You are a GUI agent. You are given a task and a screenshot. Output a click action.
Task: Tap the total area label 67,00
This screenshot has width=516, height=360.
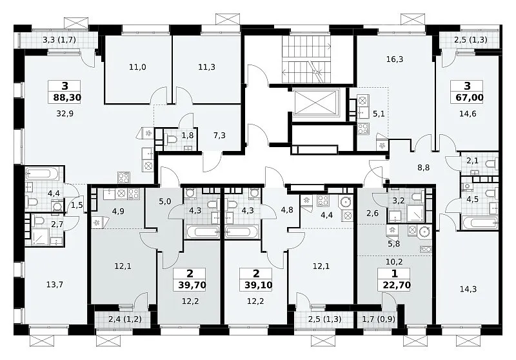(467, 97)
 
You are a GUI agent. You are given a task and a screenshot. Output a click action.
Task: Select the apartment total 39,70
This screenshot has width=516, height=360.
(192, 285)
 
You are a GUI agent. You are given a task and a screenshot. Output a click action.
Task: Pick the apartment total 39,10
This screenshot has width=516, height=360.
(259, 285)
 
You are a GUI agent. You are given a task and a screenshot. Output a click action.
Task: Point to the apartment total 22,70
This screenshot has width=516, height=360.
(397, 285)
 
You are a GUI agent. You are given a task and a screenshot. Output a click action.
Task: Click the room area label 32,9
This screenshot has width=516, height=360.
(65, 114)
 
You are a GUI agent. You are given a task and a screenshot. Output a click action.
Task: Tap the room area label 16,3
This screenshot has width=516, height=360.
(395, 59)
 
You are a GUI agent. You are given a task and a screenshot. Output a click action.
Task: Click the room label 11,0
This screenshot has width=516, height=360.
(137, 67)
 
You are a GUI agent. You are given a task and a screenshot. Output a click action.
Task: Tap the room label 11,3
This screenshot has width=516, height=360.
(206, 67)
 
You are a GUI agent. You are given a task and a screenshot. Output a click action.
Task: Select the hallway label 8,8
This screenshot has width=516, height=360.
(424, 168)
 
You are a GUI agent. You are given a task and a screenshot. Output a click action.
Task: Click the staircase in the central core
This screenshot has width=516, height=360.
(306, 59)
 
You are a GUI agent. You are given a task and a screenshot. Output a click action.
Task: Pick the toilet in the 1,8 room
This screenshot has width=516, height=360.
(171, 139)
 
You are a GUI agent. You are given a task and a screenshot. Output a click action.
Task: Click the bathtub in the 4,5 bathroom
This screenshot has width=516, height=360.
(479, 223)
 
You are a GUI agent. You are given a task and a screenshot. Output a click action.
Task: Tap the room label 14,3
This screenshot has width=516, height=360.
(468, 289)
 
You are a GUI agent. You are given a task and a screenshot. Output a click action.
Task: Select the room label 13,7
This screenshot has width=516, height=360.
(55, 285)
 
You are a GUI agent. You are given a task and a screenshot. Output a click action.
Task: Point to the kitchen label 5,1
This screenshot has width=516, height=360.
(379, 114)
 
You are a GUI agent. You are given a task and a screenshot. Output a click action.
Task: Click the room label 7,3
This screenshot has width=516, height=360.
(219, 135)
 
